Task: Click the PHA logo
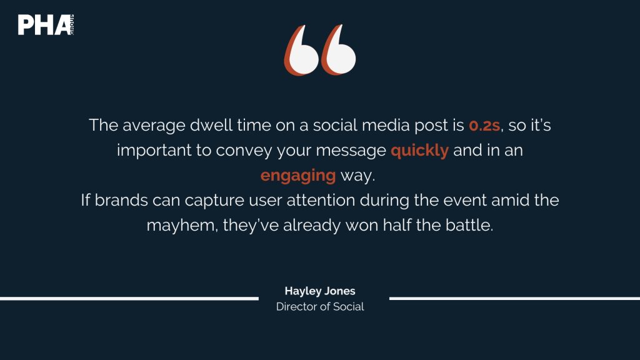pyautogui.click(x=46, y=25)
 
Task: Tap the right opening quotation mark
pyautogui.click(x=338, y=50)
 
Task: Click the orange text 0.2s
pyautogui.click(x=484, y=125)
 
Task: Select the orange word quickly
pyautogui.click(x=419, y=151)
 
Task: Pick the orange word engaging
pyautogui.click(x=298, y=176)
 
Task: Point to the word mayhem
pyautogui.click(x=182, y=226)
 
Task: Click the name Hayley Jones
pyautogui.click(x=320, y=291)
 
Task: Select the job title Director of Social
pyautogui.click(x=320, y=306)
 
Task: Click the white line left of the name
pyautogui.click(x=129, y=299)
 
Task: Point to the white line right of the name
pyautogui.click(x=515, y=298)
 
